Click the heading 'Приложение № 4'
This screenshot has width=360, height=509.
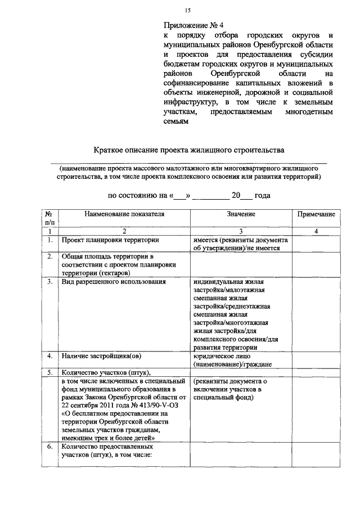tap(194, 26)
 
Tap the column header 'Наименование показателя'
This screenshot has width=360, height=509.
tap(124, 214)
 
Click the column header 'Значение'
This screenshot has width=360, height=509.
tap(241, 214)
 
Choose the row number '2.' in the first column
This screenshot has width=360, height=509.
tap(50, 257)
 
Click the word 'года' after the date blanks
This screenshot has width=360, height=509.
tap(262, 196)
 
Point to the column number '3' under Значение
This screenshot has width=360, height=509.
tap(241, 231)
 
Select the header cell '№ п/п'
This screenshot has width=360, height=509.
tap(50, 218)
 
